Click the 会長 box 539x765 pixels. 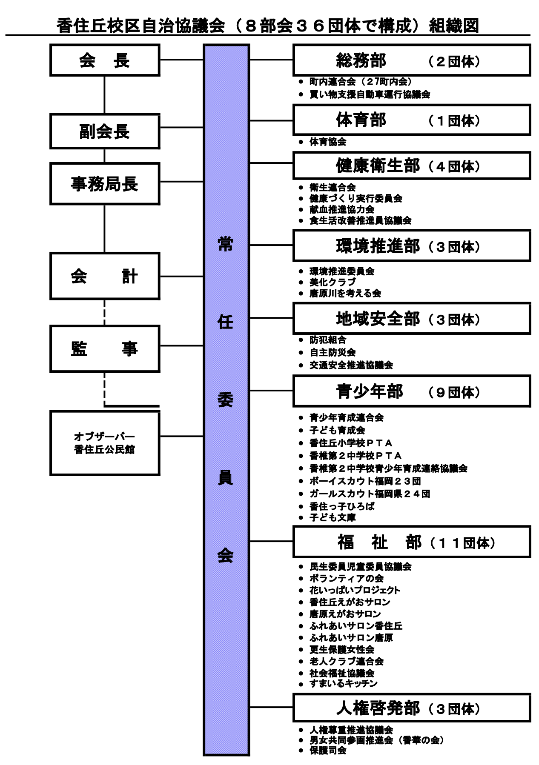pos(105,60)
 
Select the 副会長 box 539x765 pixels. pos(105,131)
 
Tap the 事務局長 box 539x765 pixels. pos(105,184)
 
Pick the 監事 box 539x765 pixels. pos(105,349)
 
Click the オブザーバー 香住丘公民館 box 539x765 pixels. pos(105,443)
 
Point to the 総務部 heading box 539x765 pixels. pos(411,60)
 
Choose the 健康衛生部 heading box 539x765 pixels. pos(411,166)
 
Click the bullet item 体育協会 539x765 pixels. pos(328,142)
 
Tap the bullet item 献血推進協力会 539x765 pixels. pos(342,209)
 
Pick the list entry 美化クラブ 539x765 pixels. pos(333,282)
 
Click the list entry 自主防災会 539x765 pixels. pos(333,352)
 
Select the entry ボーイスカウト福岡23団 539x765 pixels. pos(365,481)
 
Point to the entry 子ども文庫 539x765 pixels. pos(333,517)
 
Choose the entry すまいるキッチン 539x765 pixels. pos(344,684)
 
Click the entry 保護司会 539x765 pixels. pos(328,750)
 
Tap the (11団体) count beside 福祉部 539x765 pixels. pos(463,543)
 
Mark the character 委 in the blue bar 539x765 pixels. pos(226,400)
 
